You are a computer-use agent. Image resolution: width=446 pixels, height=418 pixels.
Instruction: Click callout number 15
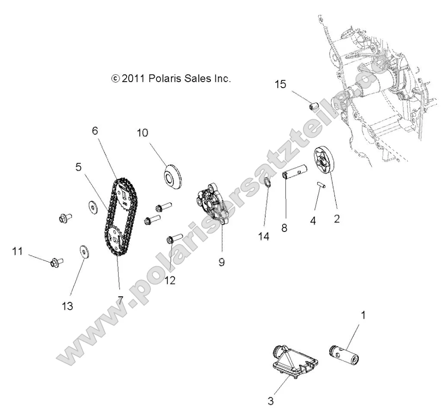pos(280,84)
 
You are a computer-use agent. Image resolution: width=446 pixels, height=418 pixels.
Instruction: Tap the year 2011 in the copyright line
pos(134,79)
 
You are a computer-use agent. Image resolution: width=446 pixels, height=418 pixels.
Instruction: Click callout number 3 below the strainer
pos(271,401)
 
